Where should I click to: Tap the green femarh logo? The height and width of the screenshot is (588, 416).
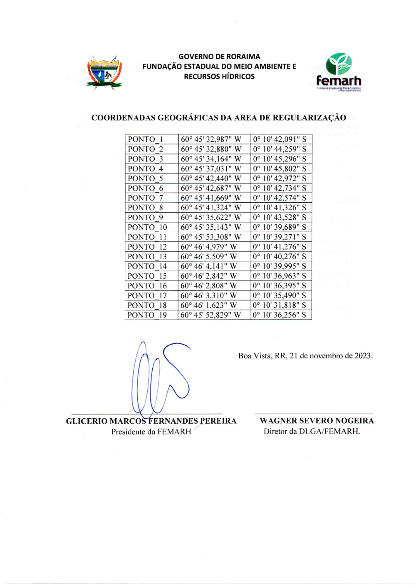pos(339,72)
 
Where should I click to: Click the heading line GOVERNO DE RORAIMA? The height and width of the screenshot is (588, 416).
pos(219,57)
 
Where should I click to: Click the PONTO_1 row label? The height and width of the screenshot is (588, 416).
pos(146,139)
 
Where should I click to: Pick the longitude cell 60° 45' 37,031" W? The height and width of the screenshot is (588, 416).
pos(210,169)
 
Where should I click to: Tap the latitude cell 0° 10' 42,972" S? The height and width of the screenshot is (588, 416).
pos(280,179)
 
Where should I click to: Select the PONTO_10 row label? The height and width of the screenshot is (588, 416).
pos(147,227)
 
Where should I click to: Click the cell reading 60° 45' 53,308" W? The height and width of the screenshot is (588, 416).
pos(210,237)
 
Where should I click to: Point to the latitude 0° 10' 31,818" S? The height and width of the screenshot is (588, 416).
pos(280,305)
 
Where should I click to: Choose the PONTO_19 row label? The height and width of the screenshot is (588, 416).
pos(147,315)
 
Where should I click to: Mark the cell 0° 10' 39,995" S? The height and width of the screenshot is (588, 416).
pos(280,266)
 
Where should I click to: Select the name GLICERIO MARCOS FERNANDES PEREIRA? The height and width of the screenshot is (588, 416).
pos(151,421)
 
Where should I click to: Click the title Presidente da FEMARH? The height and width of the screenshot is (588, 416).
pos(151,432)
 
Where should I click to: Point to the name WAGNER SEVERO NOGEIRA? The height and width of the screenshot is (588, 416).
pos(317,421)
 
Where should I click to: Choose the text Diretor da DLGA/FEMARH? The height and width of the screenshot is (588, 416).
pos(312,432)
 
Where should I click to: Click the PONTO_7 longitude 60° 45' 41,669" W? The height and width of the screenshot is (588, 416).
pos(210,198)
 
